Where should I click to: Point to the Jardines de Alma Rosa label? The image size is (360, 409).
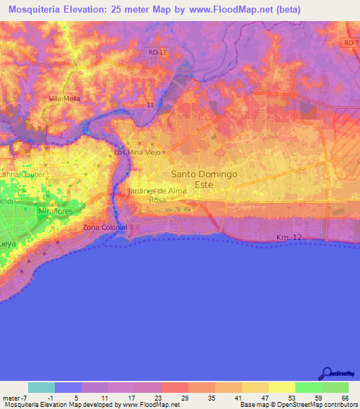click(156, 195)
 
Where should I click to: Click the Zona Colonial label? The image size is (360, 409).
click(105, 228)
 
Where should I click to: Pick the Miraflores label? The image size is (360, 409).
click(56, 210)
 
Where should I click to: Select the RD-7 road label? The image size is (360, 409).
click(351, 44)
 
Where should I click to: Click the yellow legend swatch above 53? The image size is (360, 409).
click(281, 387)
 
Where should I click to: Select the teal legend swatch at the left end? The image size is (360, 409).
click(41, 387)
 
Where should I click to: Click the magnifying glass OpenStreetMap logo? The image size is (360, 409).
click(325, 373)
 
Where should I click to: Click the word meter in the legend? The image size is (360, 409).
click(11, 397)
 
